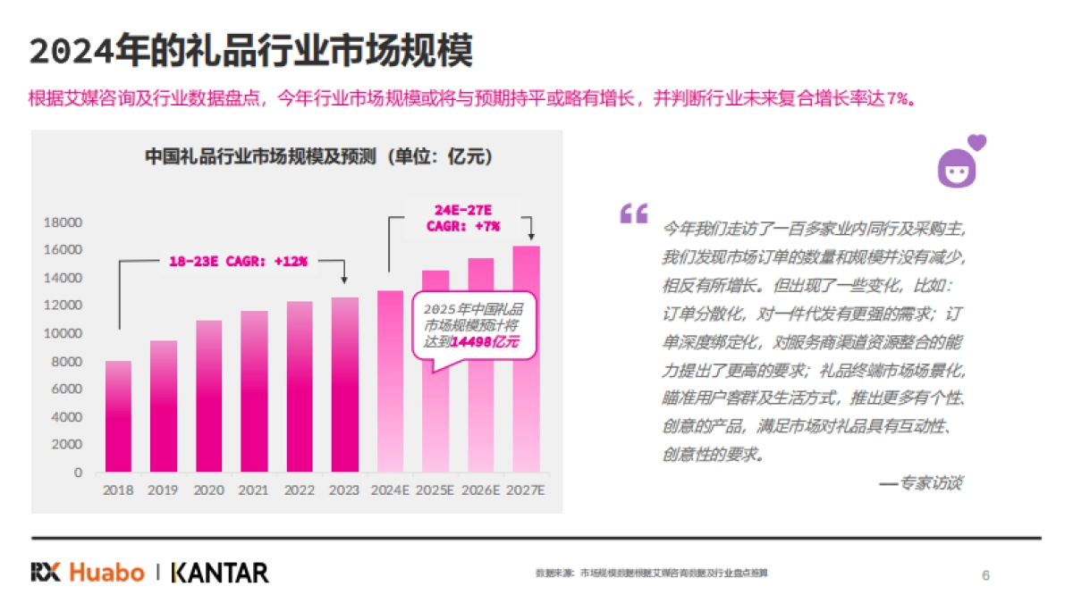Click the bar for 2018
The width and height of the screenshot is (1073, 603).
[x=118, y=416]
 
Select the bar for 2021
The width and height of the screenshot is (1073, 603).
[x=254, y=391]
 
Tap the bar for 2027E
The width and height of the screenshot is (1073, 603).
[x=526, y=359]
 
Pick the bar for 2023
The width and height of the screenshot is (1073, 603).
[x=344, y=384]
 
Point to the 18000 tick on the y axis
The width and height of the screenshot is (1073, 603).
[x=64, y=222]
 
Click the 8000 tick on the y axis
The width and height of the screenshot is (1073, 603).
[x=67, y=362]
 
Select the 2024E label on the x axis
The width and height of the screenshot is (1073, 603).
[x=390, y=490]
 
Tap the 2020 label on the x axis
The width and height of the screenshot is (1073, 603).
[x=208, y=490]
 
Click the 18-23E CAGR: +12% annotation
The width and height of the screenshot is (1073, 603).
[x=238, y=262]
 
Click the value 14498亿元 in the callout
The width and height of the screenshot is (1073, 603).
[x=484, y=342]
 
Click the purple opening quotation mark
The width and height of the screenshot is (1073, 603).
[x=633, y=214]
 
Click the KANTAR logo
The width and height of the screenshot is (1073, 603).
[x=219, y=572]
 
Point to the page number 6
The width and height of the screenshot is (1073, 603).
[x=985, y=574]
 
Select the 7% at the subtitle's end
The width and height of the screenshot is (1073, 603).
[x=897, y=98]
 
